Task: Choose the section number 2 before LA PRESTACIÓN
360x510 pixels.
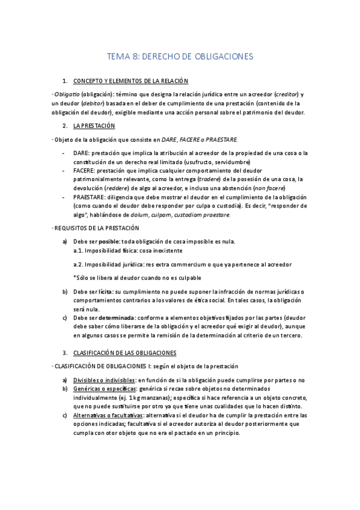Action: pos(64,126)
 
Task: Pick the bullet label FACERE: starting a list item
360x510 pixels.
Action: pos(85,171)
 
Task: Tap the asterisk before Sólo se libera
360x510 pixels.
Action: pos(75,277)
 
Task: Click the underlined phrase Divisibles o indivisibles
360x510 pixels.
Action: pos(103,380)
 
